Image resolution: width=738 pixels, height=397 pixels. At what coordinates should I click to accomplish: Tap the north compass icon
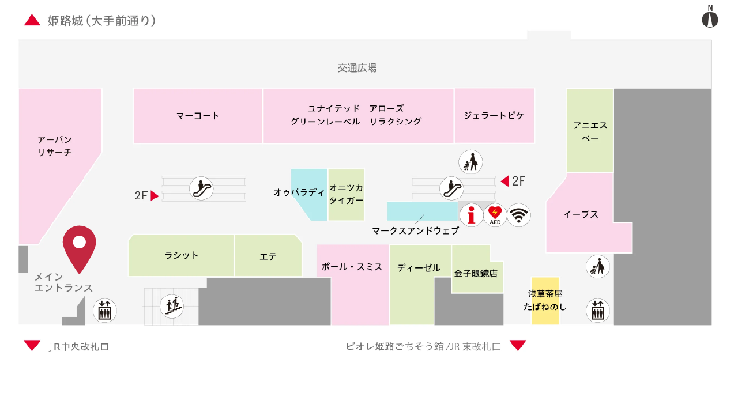(x=710, y=18)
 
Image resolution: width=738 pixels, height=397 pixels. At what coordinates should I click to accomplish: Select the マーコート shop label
(x=198, y=115)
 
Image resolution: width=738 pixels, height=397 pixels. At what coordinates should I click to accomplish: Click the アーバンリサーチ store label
(x=55, y=146)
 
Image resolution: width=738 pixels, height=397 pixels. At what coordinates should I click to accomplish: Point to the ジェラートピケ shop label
(x=494, y=115)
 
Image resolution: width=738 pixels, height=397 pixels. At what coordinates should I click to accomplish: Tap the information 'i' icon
(x=472, y=215)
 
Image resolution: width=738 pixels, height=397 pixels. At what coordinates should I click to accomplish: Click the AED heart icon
(x=495, y=215)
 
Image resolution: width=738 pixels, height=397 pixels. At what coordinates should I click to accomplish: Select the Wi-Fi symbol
(x=519, y=215)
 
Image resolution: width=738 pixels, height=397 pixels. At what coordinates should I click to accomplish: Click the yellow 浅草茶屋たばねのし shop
(x=545, y=300)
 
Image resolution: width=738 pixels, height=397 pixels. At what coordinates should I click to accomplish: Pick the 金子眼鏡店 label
(x=476, y=273)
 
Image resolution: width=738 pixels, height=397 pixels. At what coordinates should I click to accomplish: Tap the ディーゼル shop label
(x=419, y=268)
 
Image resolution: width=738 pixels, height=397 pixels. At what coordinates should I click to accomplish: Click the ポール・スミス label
(x=352, y=267)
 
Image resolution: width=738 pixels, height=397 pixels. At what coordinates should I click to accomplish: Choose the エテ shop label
(x=268, y=257)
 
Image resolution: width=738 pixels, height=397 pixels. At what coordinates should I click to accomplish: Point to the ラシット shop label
(x=182, y=255)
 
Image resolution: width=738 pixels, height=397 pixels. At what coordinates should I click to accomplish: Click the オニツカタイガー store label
(x=346, y=194)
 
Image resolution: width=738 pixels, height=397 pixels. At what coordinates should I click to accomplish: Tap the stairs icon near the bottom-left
(x=171, y=306)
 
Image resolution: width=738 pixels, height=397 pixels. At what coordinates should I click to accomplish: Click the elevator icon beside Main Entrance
(x=105, y=311)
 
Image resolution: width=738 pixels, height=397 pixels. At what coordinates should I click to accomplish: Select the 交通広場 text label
(x=357, y=68)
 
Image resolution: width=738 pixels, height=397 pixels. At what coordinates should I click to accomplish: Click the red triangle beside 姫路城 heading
(x=32, y=21)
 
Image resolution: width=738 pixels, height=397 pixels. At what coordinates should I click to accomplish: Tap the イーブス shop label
(x=581, y=214)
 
